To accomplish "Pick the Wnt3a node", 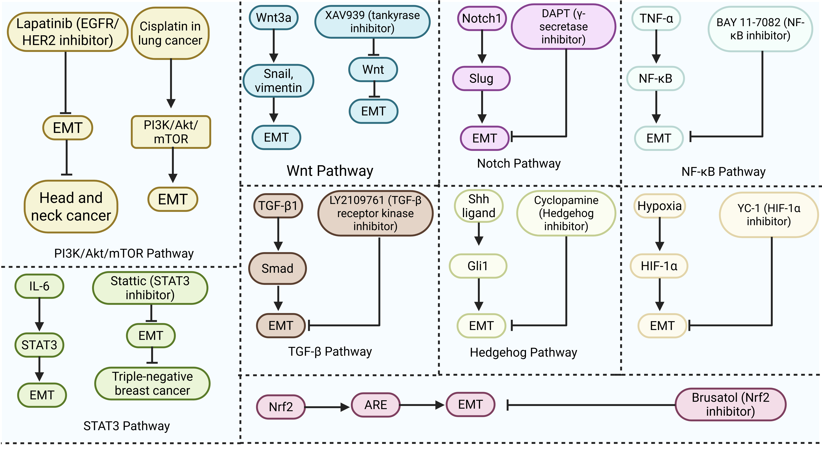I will [274, 17].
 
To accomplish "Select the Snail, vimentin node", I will [278, 81].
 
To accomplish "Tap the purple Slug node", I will [481, 78].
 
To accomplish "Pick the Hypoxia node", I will [659, 206].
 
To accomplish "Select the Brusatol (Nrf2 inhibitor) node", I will [730, 404].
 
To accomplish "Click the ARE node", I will [376, 405].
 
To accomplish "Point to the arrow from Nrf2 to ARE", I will [327, 407].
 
